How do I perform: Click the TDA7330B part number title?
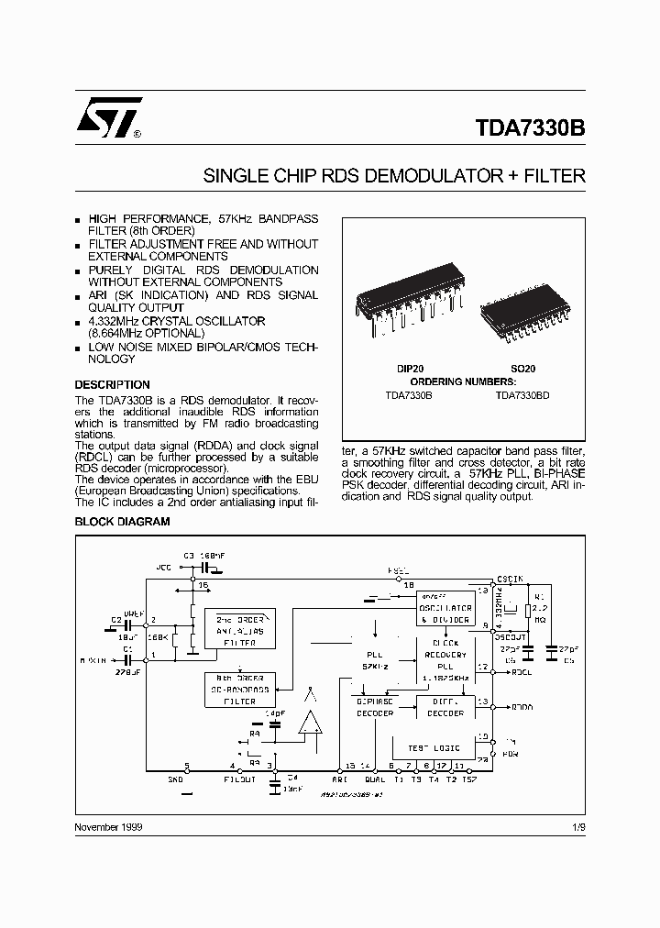pyautogui.click(x=531, y=128)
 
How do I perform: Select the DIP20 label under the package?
pyautogui.click(x=411, y=368)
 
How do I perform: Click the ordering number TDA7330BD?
pyautogui.click(x=522, y=394)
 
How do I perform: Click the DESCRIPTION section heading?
pyautogui.click(x=112, y=384)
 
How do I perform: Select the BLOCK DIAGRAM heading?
pyautogui.click(x=122, y=521)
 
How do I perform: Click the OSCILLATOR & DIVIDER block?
pyautogui.click(x=445, y=613)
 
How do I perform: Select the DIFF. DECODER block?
pyautogui.click(x=446, y=707)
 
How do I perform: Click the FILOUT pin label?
pyautogui.click(x=240, y=779)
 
